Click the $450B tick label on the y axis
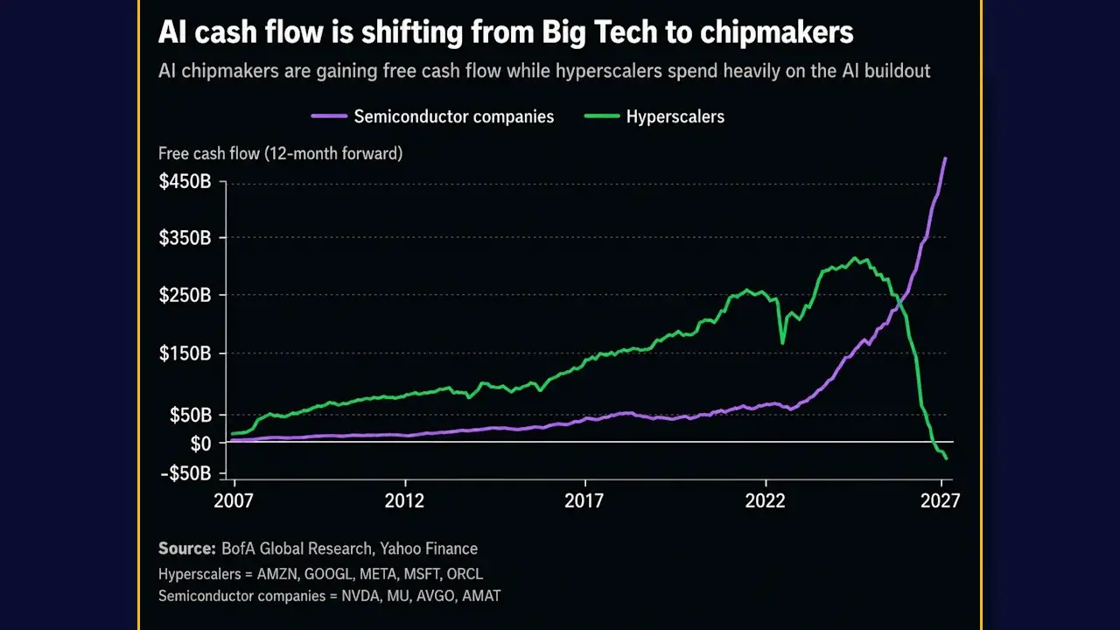(185, 181)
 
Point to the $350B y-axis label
(185, 237)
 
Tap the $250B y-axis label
(185, 295)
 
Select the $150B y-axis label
(185, 353)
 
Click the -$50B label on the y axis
(186, 473)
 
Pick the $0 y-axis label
(201, 444)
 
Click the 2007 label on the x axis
(234, 500)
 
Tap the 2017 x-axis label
(584, 500)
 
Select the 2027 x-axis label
(940, 500)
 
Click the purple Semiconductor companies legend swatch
(329, 116)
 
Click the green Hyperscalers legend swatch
(602, 116)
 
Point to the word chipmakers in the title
(776, 32)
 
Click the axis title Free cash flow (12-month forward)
(281, 153)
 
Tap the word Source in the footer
(186, 549)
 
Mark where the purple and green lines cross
(899, 303)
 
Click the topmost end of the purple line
(945, 158)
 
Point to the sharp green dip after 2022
(782, 342)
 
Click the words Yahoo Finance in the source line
(429, 549)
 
